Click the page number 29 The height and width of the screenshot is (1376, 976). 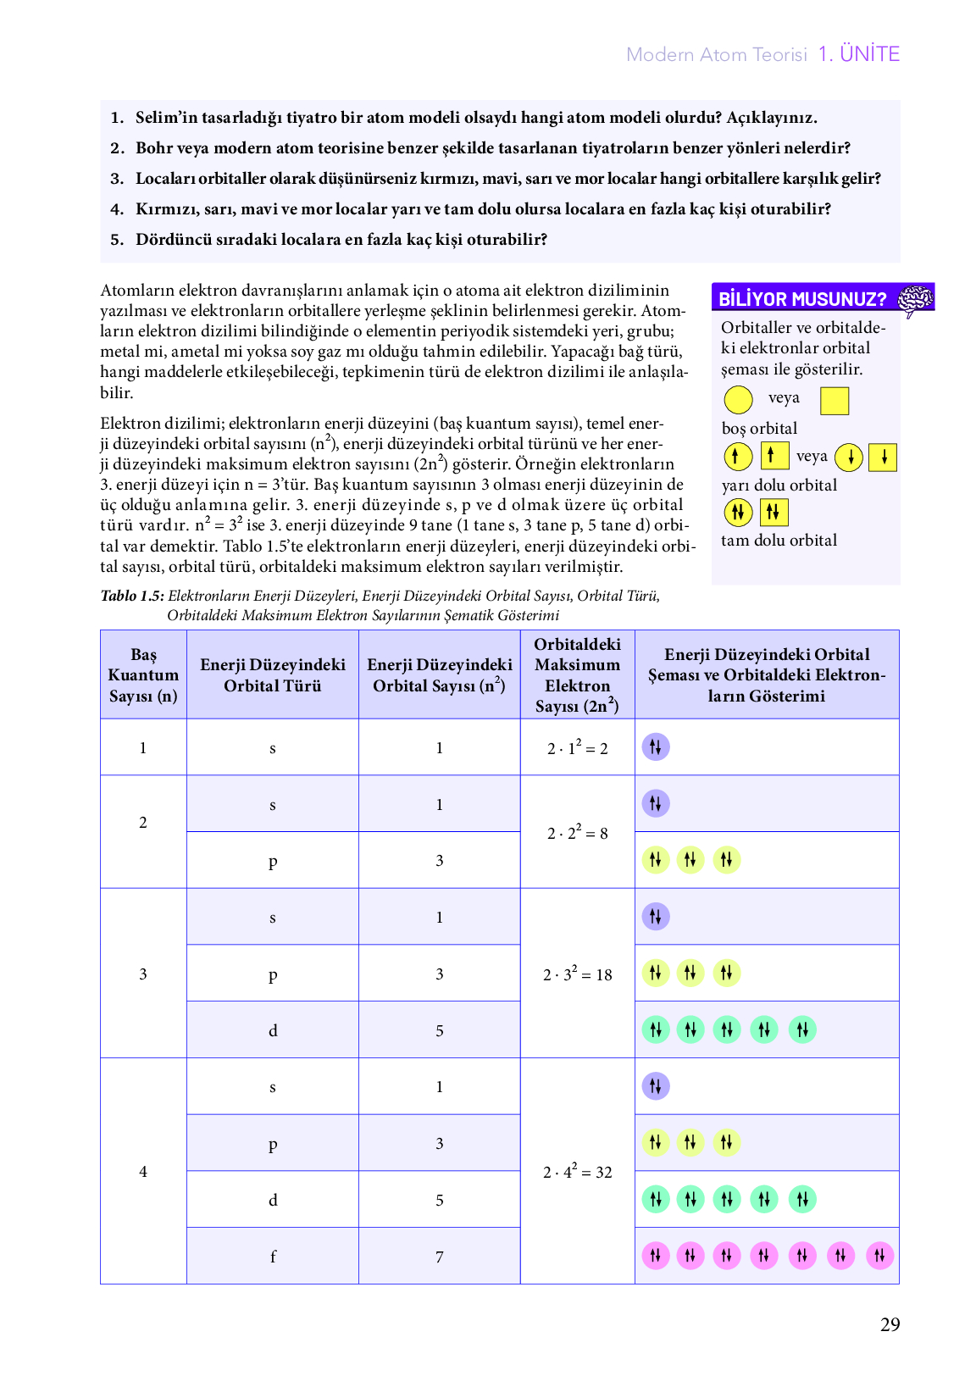pos(890,1324)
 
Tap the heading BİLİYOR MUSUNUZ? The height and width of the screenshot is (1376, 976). pos(801,299)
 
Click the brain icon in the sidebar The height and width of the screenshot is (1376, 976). pos(915,299)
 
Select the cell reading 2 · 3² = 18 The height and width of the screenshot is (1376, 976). pos(577,974)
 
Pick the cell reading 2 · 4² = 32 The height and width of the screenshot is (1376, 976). pos(577,1172)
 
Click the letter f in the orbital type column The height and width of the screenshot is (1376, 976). pos(273,1257)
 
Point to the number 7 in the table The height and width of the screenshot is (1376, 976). pos(439,1257)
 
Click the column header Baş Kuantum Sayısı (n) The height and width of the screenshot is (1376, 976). pos(143,675)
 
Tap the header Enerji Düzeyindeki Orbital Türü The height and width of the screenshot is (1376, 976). pos(272,675)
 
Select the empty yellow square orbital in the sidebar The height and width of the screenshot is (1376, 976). pos(835,401)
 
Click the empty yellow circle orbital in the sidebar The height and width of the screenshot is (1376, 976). pos(738,400)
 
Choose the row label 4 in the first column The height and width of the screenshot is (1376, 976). pos(143,1172)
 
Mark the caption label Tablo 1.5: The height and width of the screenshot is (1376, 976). pos(132,596)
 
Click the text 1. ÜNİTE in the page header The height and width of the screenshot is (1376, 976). pos(858,54)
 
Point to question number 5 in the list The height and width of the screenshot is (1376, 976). pos(117,240)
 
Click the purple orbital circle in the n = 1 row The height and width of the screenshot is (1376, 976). pos(656,747)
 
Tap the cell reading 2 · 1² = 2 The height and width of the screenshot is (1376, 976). pos(577,748)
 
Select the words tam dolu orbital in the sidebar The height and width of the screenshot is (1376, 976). pos(779,541)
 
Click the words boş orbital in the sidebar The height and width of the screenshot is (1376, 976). pos(759,429)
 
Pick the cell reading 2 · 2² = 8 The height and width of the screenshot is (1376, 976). pos(577,833)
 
